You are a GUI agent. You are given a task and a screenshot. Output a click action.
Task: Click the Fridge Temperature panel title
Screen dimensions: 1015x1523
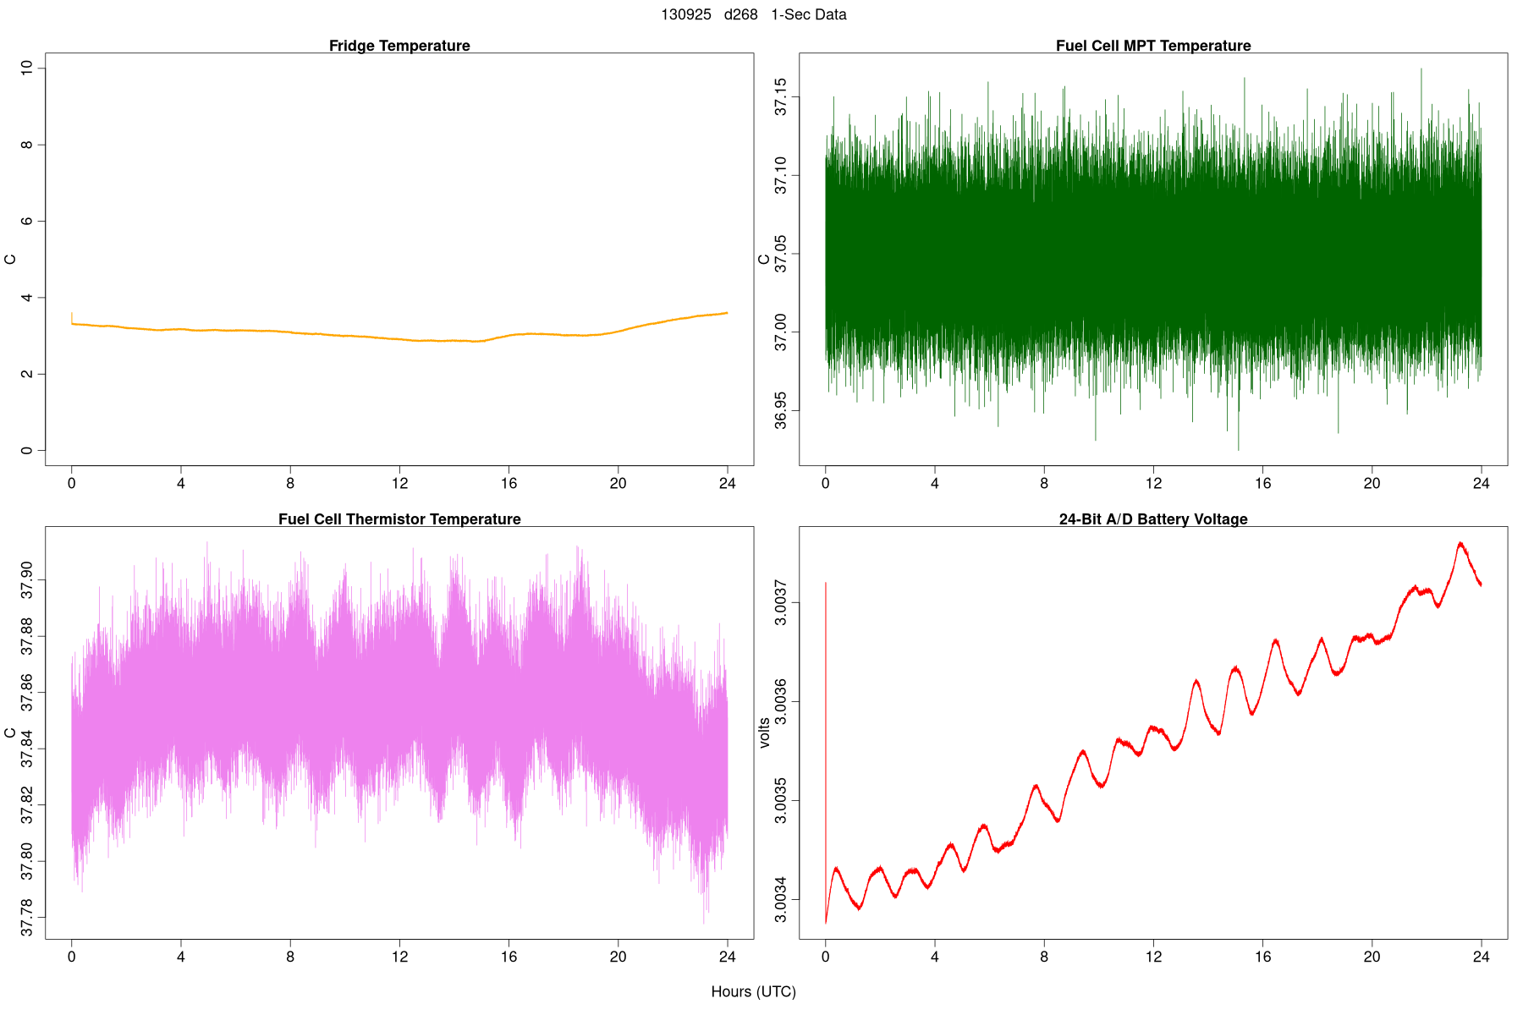(x=399, y=46)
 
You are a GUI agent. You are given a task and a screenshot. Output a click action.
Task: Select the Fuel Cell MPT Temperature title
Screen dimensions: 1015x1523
(x=1152, y=46)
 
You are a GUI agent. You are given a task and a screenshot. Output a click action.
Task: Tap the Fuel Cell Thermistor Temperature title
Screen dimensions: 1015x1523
(x=399, y=519)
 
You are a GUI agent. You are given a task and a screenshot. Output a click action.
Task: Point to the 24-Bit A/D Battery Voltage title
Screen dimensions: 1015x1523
(x=1152, y=519)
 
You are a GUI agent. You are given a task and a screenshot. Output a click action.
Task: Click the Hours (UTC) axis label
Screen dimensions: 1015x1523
(x=753, y=991)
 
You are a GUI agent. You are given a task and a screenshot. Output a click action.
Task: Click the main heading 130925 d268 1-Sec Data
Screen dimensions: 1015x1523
(x=753, y=14)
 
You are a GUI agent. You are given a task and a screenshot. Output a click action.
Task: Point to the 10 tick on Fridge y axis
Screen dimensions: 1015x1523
(x=27, y=68)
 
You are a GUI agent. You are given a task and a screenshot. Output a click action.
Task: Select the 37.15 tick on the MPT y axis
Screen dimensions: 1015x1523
(x=780, y=96)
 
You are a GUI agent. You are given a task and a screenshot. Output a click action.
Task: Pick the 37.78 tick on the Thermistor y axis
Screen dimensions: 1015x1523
(x=27, y=918)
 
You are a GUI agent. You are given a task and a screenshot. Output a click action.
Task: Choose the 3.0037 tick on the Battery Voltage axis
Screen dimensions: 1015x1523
(x=780, y=602)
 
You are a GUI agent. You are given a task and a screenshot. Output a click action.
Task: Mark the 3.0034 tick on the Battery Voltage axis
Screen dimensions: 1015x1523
(x=780, y=900)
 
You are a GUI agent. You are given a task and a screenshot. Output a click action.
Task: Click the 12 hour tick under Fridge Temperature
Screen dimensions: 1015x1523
(x=399, y=484)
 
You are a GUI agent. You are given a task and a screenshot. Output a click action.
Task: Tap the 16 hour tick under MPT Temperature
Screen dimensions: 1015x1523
(x=1262, y=484)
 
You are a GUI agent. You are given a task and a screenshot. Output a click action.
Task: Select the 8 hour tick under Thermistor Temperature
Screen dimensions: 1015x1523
(x=290, y=957)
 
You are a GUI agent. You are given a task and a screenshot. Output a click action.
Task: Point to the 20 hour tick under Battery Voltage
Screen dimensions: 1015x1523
(x=1372, y=957)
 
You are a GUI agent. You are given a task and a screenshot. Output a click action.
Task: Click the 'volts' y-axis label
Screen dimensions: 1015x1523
(x=765, y=732)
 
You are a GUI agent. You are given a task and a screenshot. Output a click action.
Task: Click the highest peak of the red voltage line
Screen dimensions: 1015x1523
(x=1460, y=543)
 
